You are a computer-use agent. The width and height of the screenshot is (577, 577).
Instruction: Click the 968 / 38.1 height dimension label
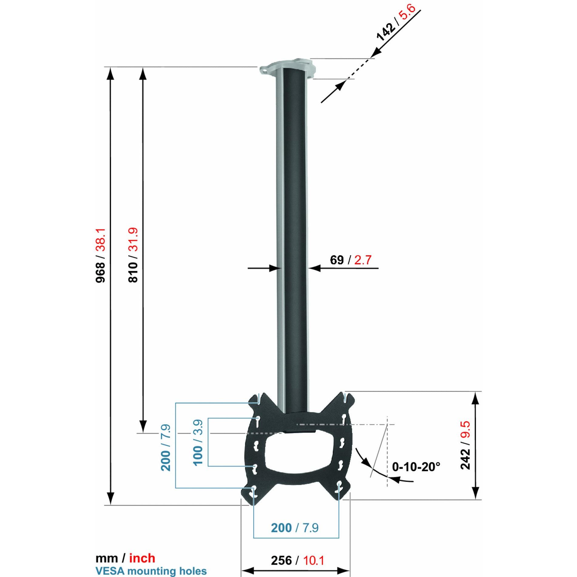point(100,256)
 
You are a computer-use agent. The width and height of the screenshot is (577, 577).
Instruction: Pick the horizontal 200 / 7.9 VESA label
point(294,528)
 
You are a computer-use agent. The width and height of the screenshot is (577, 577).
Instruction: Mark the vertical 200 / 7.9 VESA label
point(166,448)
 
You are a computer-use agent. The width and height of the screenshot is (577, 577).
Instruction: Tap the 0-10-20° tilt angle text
point(416,467)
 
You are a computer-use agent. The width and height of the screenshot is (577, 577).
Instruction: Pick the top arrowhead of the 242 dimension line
point(476,398)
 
